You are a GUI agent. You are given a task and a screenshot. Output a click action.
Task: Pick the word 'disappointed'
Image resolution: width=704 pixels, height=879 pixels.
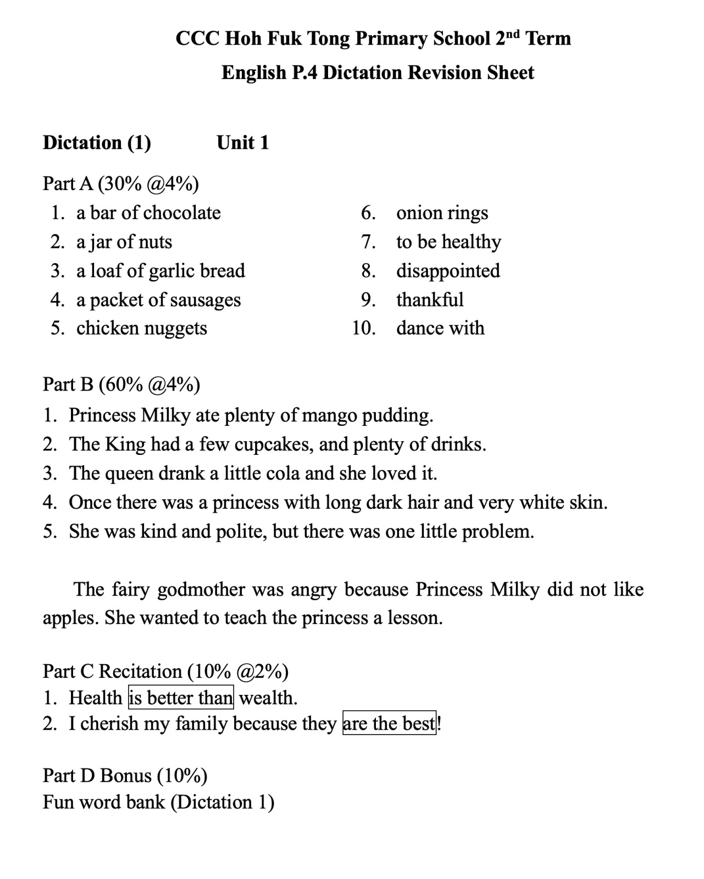pos(448,271)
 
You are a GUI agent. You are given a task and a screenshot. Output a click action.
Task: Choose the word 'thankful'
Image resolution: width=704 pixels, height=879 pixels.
pos(430,300)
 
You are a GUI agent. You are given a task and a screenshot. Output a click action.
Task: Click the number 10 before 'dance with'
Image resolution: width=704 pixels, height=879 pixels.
pos(364,329)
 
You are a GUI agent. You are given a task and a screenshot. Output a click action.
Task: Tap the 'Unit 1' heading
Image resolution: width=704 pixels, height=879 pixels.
pos(242,143)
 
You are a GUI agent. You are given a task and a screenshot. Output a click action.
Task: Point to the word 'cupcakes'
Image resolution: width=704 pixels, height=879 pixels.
pos(274,444)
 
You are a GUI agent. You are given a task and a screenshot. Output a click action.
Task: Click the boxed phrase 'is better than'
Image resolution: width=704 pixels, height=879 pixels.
pos(181,698)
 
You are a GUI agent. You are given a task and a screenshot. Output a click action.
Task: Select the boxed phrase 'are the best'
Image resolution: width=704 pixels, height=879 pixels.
pos(389,724)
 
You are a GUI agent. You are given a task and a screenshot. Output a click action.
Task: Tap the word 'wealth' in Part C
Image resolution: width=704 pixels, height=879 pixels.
pos(267,698)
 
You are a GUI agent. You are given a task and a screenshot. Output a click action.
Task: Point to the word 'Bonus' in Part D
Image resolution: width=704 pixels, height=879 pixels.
pos(126,776)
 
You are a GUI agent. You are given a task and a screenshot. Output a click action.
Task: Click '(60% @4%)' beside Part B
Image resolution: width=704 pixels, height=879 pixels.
pos(149,385)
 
